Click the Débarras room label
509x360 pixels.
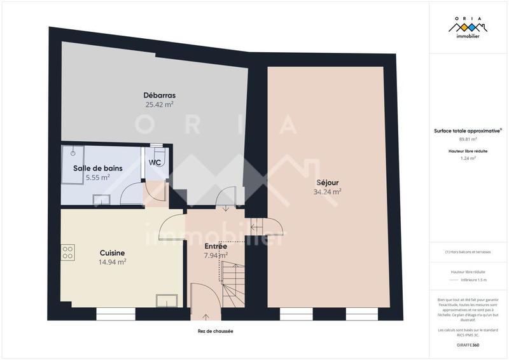click(x=159, y=96)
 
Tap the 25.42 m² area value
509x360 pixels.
click(x=159, y=105)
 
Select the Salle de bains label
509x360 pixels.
click(x=98, y=168)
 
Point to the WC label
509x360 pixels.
click(x=155, y=162)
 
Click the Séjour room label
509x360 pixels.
click(x=327, y=182)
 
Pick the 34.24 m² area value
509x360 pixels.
click(x=327, y=191)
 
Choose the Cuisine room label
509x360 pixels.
click(x=112, y=253)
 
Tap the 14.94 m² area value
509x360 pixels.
click(x=112, y=261)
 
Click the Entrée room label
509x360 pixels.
click(x=216, y=246)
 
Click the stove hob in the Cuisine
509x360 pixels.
click(x=68, y=252)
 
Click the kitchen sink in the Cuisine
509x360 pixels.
click(x=167, y=301)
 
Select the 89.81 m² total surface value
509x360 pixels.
click(x=468, y=139)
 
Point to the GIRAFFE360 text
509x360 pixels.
click(x=468, y=343)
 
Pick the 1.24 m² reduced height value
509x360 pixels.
click(x=468, y=158)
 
